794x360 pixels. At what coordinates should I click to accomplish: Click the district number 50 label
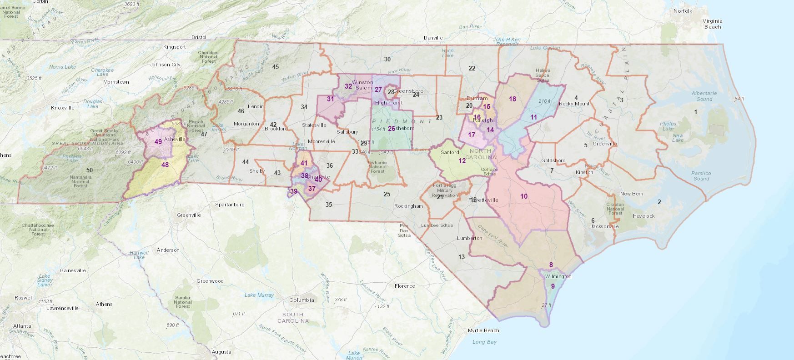pyautogui.click(x=90, y=170)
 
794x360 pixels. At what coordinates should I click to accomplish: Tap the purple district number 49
pyautogui.click(x=158, y=141)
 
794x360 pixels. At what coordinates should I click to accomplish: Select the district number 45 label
pyautogui.click(x=276, y=67)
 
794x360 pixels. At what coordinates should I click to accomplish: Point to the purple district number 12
pyautogui.click(x=462, y=161)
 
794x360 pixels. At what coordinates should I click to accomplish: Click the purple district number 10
pyautogui.click(x=524, y=196)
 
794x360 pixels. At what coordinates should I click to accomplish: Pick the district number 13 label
pyautogui.click(x=462, y=257)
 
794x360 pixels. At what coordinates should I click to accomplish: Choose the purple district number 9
pyautogui.click(x=553, y=286)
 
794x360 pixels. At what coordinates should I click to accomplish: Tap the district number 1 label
pyautogui.click(x=695, y=112)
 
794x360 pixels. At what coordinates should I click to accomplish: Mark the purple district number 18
pyautogui.click(x=513, y=99)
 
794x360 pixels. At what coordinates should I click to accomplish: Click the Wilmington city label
pyautogui.click(x=558, y=276)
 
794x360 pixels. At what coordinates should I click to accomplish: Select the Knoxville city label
pyautogui.click(x=63, y=108)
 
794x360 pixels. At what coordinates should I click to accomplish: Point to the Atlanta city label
pyautogui.click(x=22, y=326)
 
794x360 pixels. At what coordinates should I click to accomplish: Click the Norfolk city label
pyautogui.click(x=683, y=11)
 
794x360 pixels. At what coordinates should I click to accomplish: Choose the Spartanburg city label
pyautogui.click(x=230, y=205)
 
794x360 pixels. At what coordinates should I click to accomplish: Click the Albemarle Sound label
pyautogui.click(x=704, y=96)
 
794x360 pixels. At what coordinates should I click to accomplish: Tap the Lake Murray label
pyautogui.click(x=259, y=295)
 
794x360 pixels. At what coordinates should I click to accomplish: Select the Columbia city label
pyautogui.click(x=302, y=300)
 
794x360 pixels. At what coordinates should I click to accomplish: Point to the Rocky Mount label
pyautogui.click(x=574, y=104)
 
